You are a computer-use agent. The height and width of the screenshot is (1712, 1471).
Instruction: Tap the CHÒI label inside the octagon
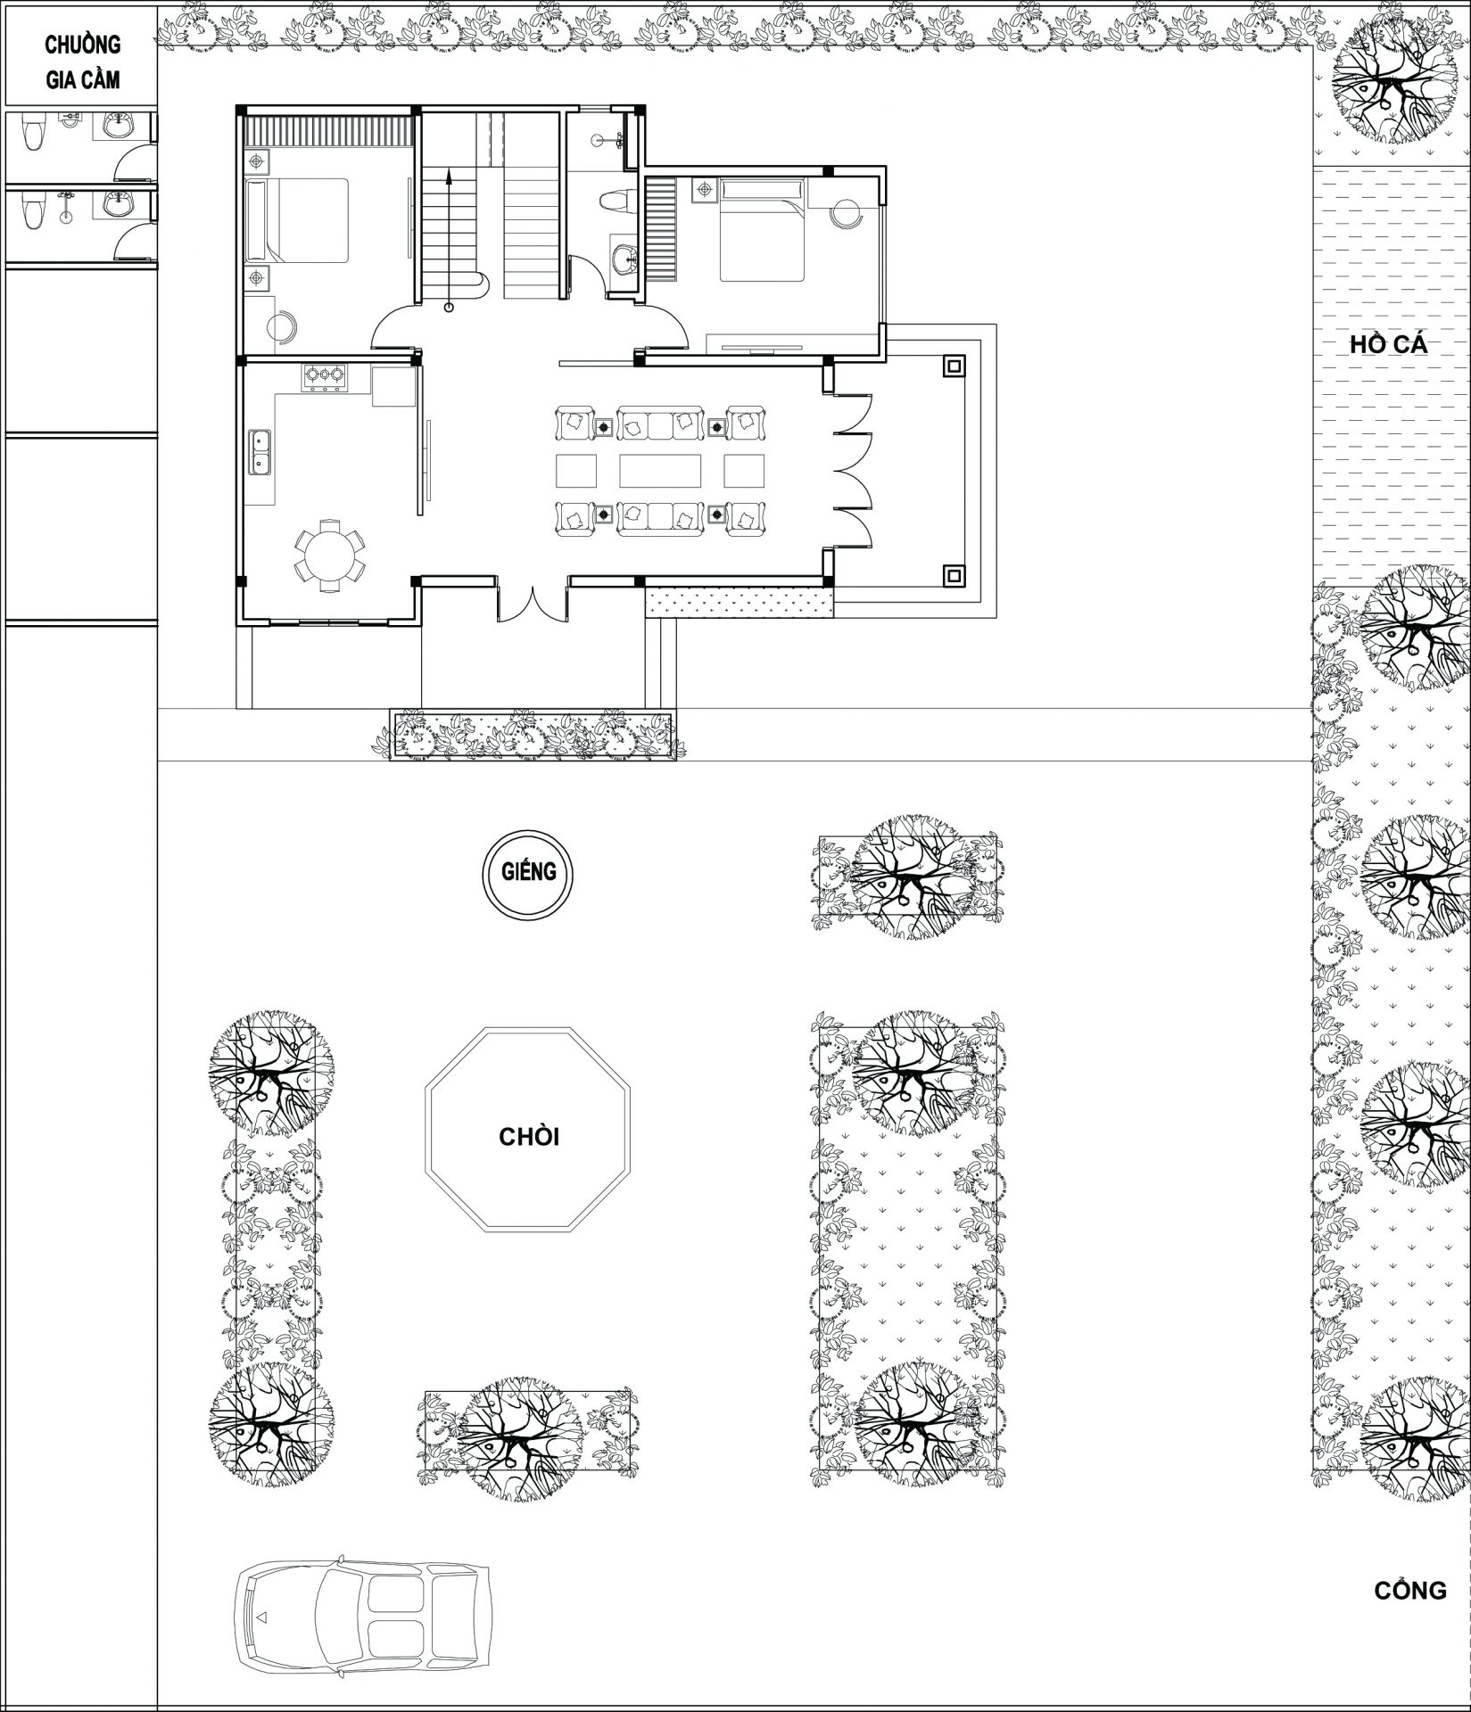[528, 1137]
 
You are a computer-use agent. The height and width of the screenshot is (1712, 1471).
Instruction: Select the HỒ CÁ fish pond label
[1388, 345]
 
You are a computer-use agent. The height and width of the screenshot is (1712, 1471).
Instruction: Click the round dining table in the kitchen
[329, 556]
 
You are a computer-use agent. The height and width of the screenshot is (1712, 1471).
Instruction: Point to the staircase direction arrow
[449, 240]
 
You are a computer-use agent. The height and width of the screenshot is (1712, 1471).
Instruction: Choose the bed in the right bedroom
[763, 229]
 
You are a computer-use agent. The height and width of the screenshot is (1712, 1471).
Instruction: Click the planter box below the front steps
[533, 736]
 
